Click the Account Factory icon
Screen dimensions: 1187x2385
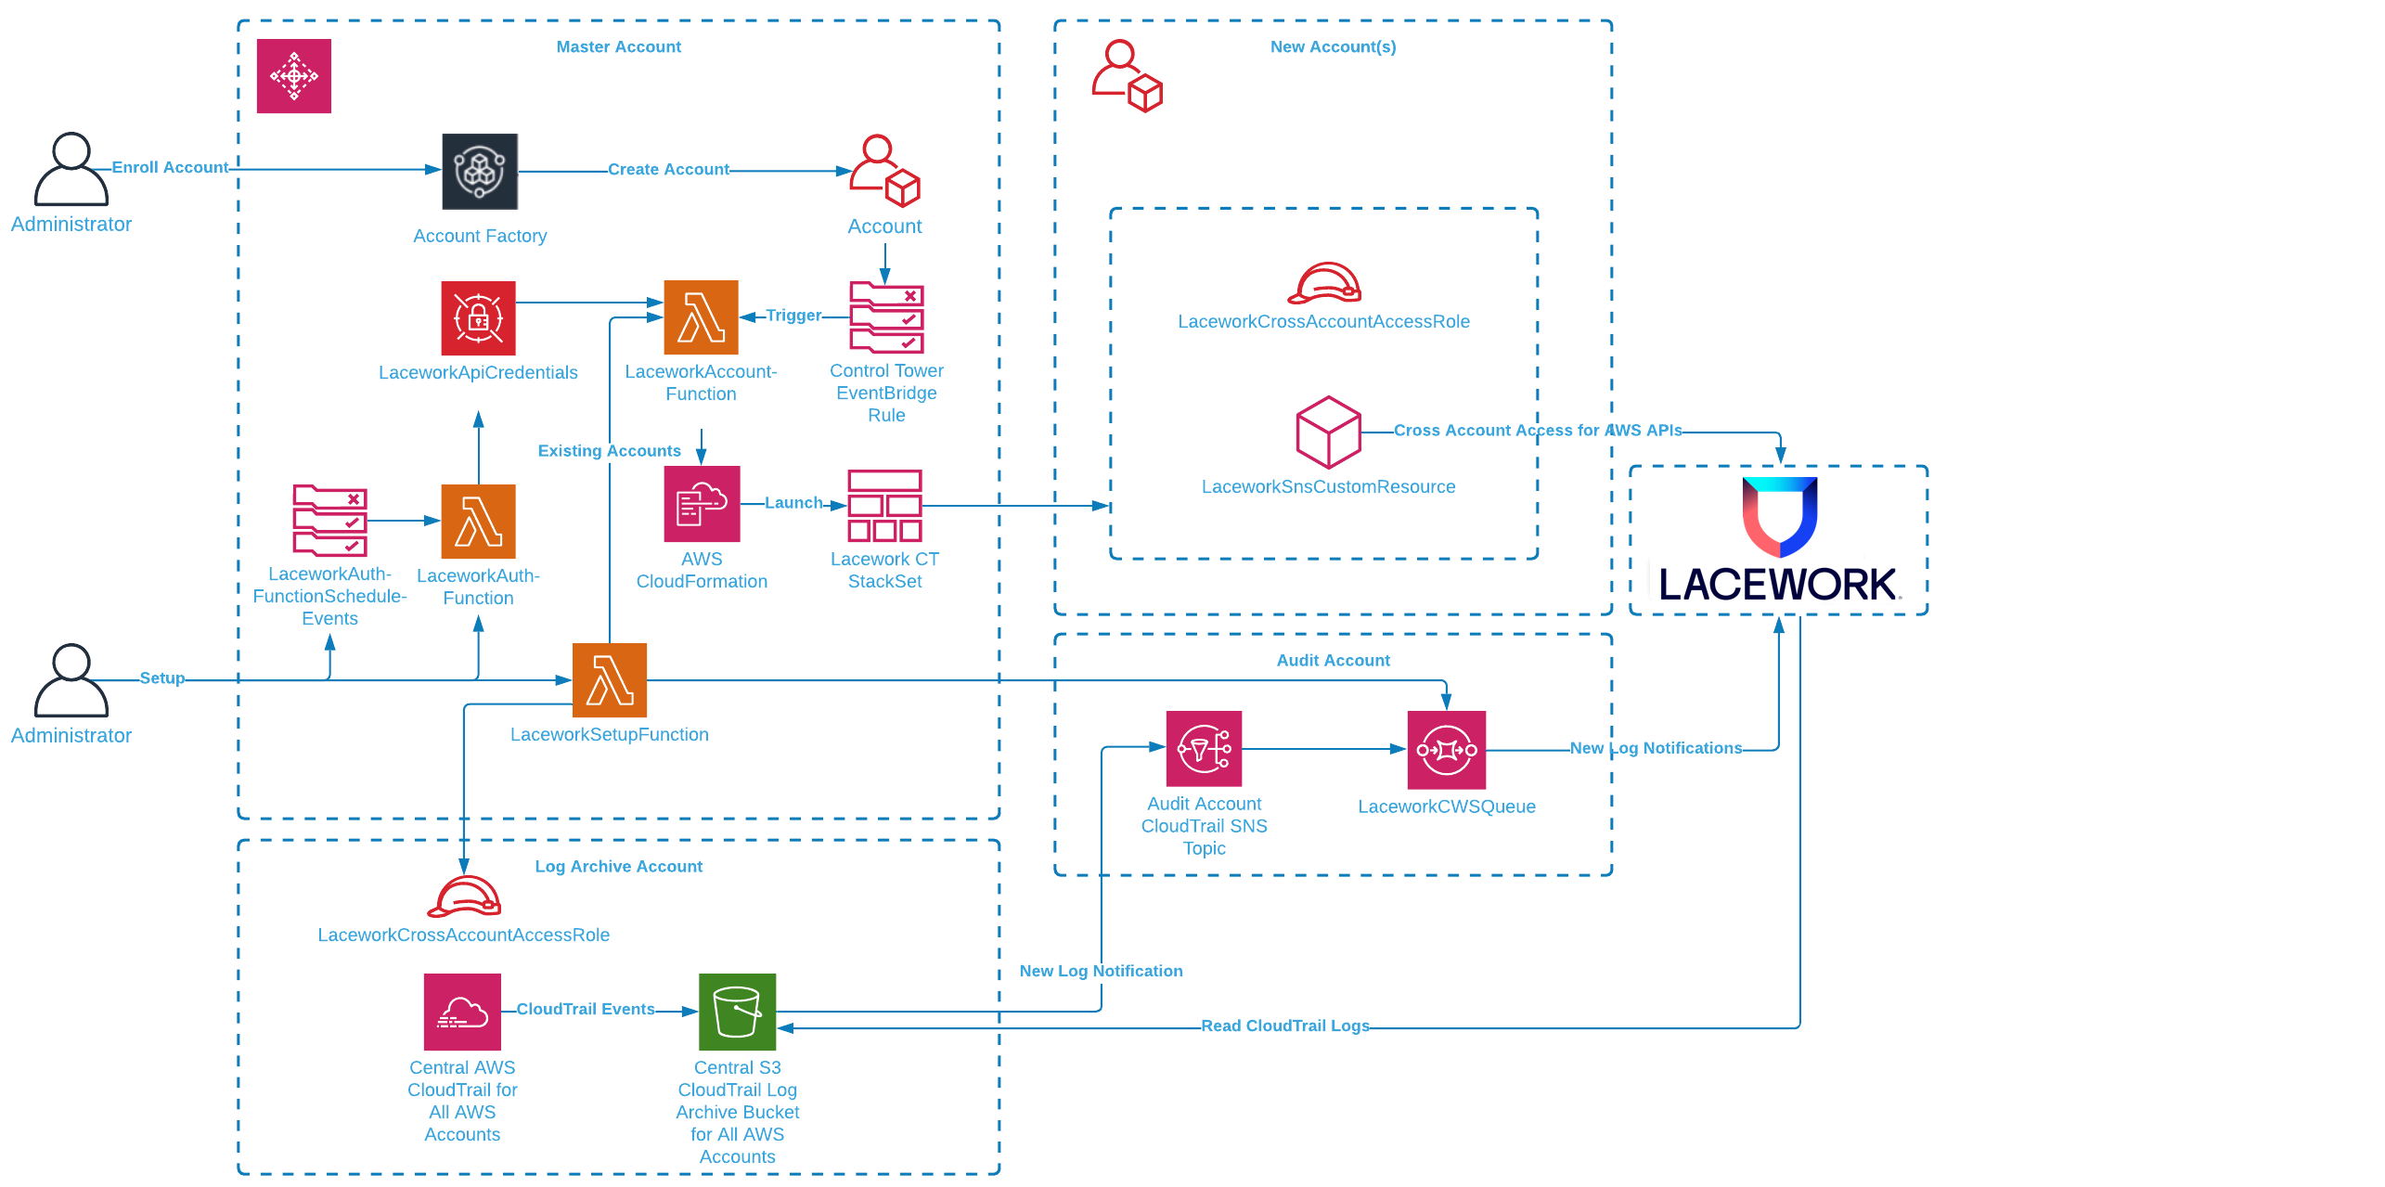point(480,172)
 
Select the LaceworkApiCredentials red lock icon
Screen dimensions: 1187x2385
point(478,318)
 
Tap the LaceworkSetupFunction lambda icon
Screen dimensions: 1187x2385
point(610,680)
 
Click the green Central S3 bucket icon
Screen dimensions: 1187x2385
point(737,1012)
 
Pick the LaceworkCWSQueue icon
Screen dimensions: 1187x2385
point(1446,750)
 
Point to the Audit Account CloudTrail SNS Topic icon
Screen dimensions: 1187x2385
point(1204,748)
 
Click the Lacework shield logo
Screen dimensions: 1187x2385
point(1779,516)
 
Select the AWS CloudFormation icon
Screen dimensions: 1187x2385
point(702,504)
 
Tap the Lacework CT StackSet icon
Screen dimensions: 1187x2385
point(884,506)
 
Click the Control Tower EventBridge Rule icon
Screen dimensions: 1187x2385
point(886,318)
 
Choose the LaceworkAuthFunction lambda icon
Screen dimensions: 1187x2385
point(478,522)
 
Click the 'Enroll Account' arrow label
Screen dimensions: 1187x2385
point(170,168)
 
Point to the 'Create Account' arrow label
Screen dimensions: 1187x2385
point(668,170)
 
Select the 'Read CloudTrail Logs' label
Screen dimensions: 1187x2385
point(1285,1026)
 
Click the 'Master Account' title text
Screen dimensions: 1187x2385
point(618,47)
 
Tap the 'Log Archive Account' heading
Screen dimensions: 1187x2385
point(618,867)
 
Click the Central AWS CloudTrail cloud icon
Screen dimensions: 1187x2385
point(462,1012)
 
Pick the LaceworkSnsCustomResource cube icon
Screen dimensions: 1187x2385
point(1328,432)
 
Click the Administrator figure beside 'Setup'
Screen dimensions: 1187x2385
point(71,681)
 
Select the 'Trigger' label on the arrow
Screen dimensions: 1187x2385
point(793,316)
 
